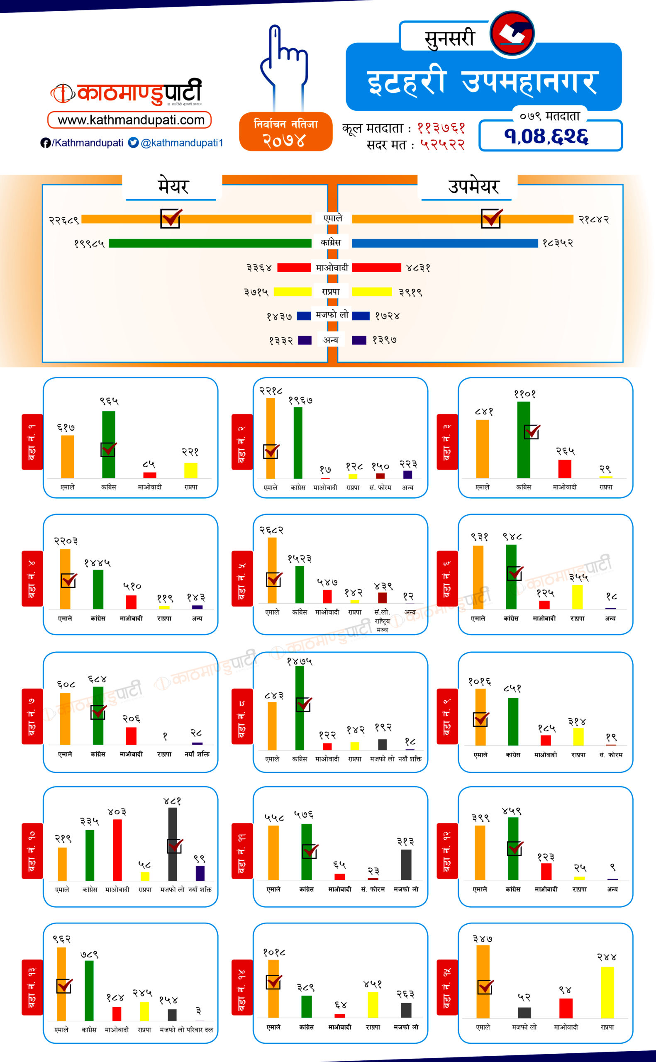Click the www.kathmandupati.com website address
pos(130,120)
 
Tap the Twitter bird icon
pos(133,143)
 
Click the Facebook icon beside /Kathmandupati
pos(45,143)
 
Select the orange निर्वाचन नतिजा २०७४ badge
pos(285,132)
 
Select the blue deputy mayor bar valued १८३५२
pos(445,243)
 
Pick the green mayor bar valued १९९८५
pos(210,243)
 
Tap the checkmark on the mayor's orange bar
pos(171,218)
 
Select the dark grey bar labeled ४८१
pos(173,843)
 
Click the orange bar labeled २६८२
pos(272,570)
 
